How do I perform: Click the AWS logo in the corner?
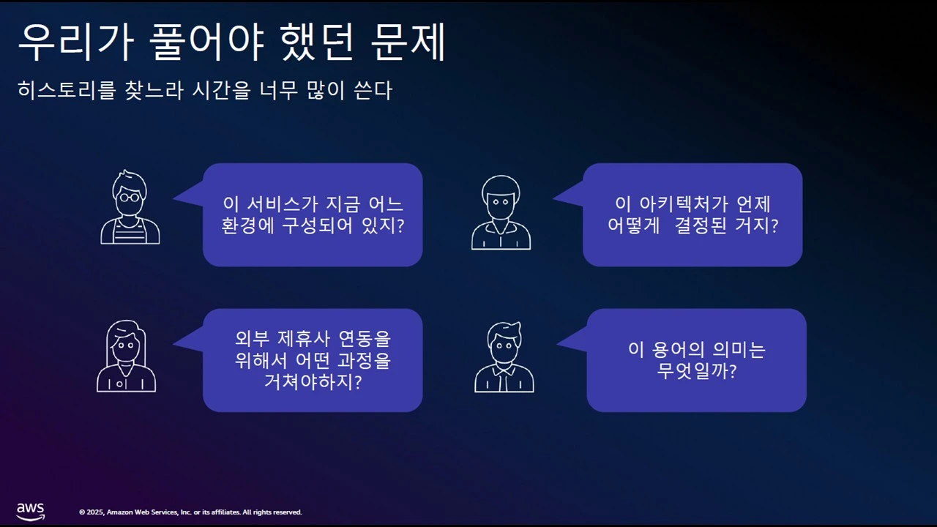click(x=31, y=511)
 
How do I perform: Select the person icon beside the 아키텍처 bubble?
click(x=501, y=212)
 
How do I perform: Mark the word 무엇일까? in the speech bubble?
click(x=696, y=371)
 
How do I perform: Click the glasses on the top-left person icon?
click(x=130, y=196)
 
